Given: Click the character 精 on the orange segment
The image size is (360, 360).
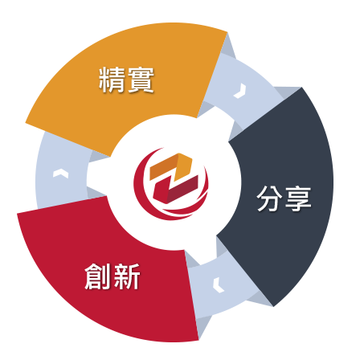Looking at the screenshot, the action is tap(112, 80).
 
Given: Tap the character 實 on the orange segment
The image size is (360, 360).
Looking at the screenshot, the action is tap(141, 80).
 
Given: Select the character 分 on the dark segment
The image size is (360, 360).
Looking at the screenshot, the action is tap(269, 198).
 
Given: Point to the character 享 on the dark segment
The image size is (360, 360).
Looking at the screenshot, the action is tap(298, 198).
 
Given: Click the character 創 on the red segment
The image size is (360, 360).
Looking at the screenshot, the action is tap(98, 276).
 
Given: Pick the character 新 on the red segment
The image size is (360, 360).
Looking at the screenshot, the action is tap(127, 276).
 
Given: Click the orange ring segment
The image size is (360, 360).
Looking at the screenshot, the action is tap(126, 80).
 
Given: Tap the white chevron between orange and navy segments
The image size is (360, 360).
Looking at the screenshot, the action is tap(240, 91).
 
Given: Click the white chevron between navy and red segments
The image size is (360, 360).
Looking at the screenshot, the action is tap(218, 285).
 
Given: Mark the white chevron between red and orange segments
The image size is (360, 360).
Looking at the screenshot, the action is tap(60, 174).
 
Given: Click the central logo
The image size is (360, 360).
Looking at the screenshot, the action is tap(171, 184).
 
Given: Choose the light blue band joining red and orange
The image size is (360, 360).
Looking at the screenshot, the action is tap(62, 171).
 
